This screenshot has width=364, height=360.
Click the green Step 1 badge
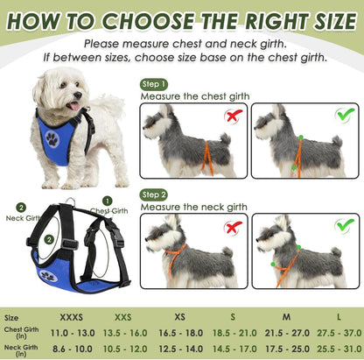pyautogui.click(x=153, y=84)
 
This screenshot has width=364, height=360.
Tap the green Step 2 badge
pyautogui.click(x=153, y=194)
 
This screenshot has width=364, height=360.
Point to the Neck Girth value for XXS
pyautogui.click(x=125, y=349)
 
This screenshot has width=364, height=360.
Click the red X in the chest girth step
pyautogui.click(x=233, y=116)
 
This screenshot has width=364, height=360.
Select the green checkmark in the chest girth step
pyautogui.click(x=345, y=115)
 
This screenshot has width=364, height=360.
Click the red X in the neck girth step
pyautogui.click(x=233, y=227)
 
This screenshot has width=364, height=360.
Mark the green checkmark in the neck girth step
pyautogui.click(x=345, y=226)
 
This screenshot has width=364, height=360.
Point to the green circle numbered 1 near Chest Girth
pyautogui.click(x=108, y=200)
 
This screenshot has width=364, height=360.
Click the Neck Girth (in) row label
pyautogui.click(x=19, y=349)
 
